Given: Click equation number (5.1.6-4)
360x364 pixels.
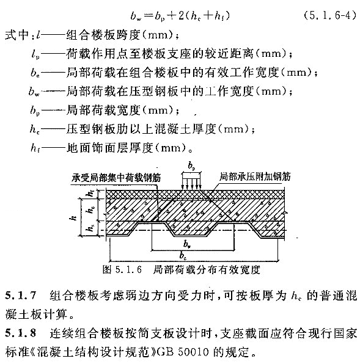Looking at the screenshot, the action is tap(330, 16).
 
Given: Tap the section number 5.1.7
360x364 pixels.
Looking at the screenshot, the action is tap(21, 296).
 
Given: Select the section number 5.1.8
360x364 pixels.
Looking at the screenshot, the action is tap(21, 333).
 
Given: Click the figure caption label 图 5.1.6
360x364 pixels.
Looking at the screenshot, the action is tap(122, 270).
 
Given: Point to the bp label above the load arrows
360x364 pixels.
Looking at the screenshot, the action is tap(191, 166).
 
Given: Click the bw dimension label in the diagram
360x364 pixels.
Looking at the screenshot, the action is tap(187, 244).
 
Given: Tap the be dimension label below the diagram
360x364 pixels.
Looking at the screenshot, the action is tap(183, 255).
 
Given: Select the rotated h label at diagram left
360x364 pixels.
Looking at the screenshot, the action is tap(73, 217).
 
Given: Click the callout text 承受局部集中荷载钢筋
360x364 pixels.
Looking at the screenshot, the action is tap(116, 178).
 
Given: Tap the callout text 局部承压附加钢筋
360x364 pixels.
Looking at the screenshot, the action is tap(255, 177).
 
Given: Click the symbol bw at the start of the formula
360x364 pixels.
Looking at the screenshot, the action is tap(136, 16).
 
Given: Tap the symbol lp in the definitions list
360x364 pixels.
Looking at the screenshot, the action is tap(35, 54).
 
